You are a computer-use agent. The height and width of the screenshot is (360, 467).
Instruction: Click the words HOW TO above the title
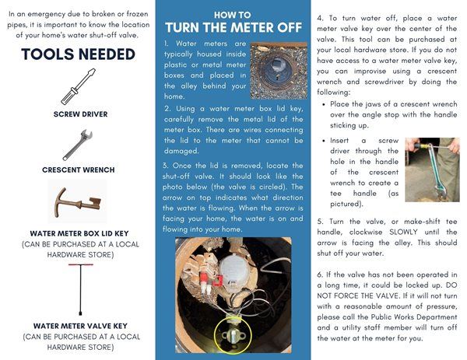coord(233,15)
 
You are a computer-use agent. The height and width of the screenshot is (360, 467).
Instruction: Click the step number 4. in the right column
coord(321,17)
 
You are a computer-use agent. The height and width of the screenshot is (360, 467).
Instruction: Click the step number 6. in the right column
coord(321,276)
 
